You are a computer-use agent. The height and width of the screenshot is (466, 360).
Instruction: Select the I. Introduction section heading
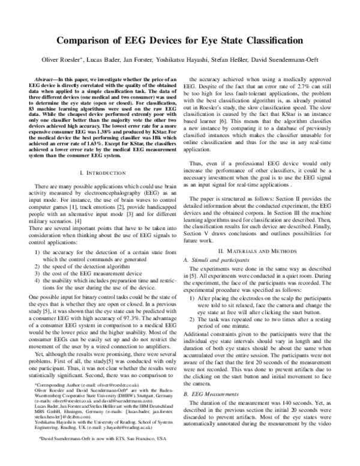click(104, 173)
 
